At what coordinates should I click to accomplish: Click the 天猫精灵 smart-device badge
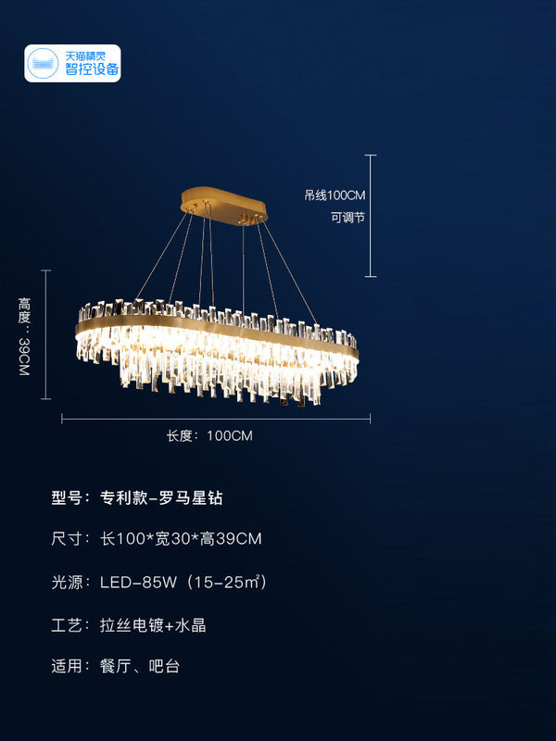click(72, 64)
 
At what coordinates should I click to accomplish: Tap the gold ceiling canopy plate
click(224, 202)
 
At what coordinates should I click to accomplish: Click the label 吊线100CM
click(335, 195)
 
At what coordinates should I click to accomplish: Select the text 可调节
click(348, 220)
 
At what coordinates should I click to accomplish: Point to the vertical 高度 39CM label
click(25, 335)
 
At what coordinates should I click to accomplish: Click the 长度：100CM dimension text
click(209, 435)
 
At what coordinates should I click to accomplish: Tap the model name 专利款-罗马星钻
click(161, 497)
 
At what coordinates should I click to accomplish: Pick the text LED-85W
click(138, 583)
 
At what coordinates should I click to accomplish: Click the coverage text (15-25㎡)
click(227, 583)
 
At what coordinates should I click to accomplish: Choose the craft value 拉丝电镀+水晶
click(153, 625)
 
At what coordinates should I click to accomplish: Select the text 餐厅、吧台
click(140, 665)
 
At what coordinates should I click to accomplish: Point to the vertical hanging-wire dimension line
click(371, 215)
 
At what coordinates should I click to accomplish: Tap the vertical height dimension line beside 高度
click(46, 334)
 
